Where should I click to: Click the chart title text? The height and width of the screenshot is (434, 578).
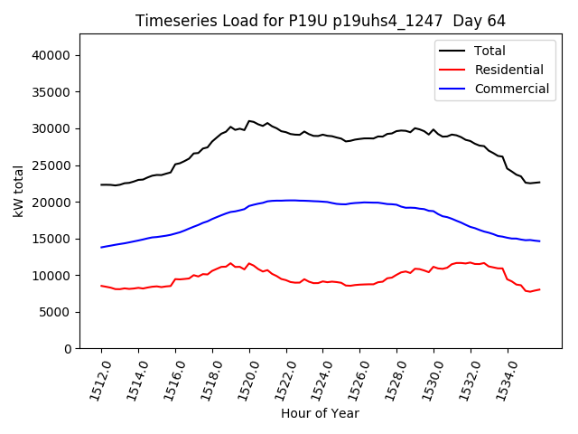click(x=320, y=20)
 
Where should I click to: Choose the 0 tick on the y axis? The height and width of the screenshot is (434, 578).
click(x=68, y=349)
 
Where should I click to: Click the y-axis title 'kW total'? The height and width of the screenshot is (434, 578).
click(x=19, y=191)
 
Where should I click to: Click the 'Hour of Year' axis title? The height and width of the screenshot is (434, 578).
click(x=320, y=413)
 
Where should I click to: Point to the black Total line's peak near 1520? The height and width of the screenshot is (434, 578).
click(x=250, y=120)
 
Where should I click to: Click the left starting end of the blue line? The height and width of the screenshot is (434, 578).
click(x=101, y=247)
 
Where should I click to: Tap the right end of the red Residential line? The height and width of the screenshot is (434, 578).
click(x=539, y=289)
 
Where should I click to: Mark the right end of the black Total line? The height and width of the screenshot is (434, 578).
click(x=539, y=182)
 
